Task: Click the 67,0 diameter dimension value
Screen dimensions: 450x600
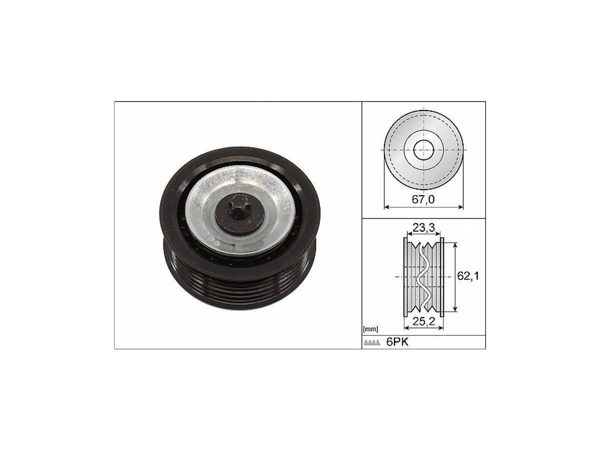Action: pos(423,199)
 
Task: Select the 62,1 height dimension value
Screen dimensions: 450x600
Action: pos(468,275)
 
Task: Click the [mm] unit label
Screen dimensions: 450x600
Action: pos(370,329)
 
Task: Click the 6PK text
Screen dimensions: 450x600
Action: pos(397,342)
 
